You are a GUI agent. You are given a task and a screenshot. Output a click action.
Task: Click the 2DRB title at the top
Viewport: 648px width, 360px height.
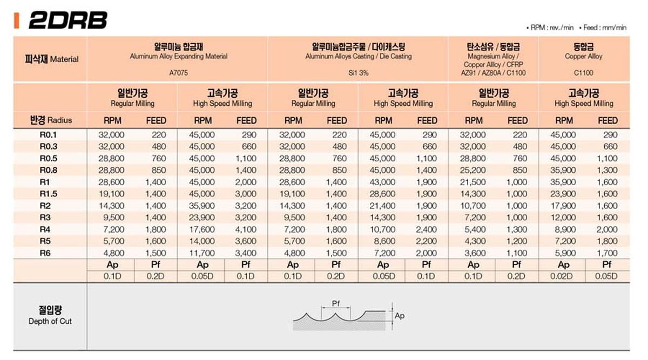[67, 20]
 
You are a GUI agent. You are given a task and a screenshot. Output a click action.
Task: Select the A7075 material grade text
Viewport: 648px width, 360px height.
[178, 72]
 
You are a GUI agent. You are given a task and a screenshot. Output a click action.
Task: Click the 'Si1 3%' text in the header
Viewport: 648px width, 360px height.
[358, 72]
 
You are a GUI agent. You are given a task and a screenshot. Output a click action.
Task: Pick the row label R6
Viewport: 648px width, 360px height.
[45, 253]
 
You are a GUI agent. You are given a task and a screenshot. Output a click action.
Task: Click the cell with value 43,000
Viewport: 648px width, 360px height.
[382, 182]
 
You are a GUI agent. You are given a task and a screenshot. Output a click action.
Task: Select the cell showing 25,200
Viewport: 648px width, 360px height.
[473, 170]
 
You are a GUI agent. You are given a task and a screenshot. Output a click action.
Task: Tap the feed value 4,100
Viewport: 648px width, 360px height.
[246, 229]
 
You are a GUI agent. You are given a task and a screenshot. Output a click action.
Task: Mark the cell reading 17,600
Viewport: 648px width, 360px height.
[201, 229]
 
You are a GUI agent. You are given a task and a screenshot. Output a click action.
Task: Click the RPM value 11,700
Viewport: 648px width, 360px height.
[201, 253]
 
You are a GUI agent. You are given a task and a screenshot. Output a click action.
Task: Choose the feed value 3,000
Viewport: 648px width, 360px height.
[246, 194]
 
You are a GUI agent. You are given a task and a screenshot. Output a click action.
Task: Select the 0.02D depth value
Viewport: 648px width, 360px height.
[563, 276]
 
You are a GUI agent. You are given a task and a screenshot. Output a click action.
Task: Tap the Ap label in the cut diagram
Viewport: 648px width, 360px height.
[400, 316]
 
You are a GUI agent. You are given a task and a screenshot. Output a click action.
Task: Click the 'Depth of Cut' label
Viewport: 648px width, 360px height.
[50, 322]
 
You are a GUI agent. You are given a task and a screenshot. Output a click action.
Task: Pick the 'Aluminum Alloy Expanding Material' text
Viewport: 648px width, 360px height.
[178, 56]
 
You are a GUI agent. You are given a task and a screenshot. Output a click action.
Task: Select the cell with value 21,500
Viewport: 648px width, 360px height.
[473, 182]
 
